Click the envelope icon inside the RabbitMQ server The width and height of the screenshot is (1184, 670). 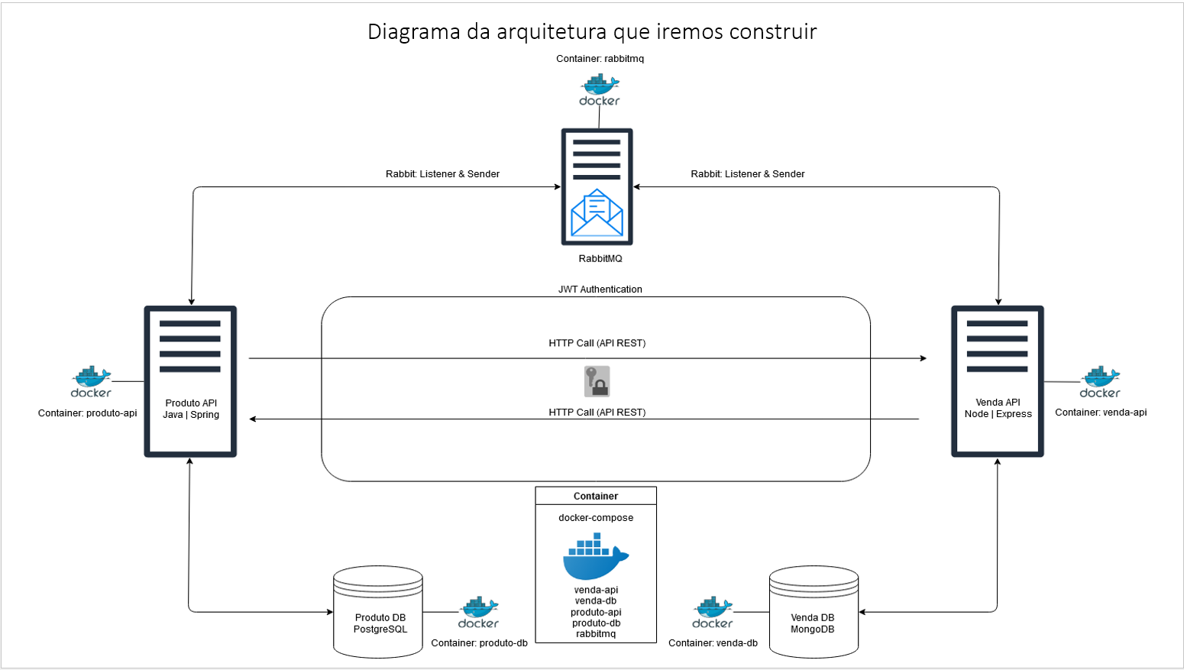point(597,212)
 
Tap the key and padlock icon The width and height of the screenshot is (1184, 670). point(597,381)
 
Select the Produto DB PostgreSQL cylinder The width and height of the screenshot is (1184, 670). point(378,612)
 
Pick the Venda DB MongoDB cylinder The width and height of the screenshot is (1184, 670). point(814,612)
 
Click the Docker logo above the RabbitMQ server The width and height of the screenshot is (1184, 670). point(600,90)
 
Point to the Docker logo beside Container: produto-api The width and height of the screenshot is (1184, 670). point(91,381)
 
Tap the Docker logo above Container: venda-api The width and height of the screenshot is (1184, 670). point(1100,382)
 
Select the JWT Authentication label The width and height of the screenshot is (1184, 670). point(600,290)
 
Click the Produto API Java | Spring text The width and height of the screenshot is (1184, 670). point(191,409)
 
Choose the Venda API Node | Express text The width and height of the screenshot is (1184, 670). point(998,408)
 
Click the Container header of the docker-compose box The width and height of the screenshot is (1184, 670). point(596,496)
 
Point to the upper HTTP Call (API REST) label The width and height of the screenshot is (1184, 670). point(597,343)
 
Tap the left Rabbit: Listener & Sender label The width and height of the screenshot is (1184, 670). point(442,174)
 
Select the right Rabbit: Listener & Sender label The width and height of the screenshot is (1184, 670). point(747,174)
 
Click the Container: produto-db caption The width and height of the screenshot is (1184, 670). point(479,643)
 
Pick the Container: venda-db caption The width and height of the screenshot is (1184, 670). point(713,643)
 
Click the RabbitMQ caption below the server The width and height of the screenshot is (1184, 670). point(600,258)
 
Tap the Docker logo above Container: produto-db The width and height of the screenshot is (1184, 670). point(478,613)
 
